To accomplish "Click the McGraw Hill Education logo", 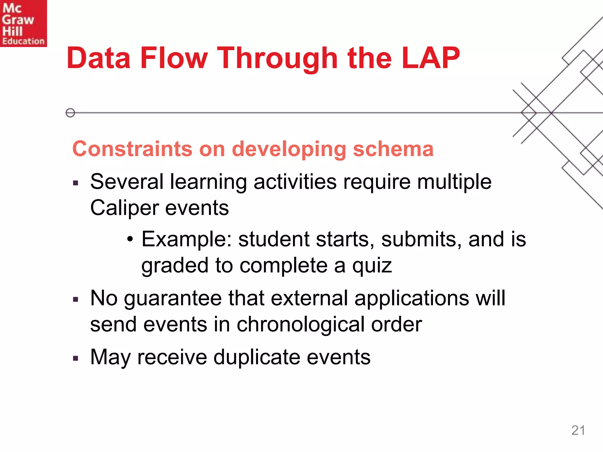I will (23, 23).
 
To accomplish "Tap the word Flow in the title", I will (174, 58).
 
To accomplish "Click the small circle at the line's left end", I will (70, 113).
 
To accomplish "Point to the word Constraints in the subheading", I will (132, 149).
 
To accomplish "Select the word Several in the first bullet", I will (127, 182).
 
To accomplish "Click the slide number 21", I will (578, 430).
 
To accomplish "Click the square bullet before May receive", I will (76, 358).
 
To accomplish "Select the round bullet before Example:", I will (130, 239).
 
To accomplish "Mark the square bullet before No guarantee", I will (76, 300).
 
